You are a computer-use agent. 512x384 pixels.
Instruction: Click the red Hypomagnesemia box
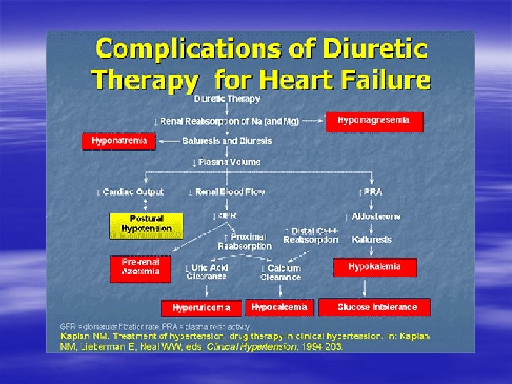(x=374, y=121)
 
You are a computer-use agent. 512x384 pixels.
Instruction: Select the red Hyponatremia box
(x=119, y=141)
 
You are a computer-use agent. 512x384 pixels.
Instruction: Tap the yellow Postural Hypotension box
(x=146, y=225)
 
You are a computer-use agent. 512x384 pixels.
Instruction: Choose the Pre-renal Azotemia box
(x=141, y=268)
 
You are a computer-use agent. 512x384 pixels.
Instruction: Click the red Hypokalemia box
(x=374, y=267)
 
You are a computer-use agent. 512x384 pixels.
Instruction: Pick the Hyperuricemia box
(x=201, y=308)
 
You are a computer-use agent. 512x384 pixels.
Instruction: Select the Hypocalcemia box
(x=279, y=307)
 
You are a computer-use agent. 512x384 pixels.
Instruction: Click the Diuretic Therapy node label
(x=228, y=99)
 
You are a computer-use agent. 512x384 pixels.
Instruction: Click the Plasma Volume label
(x=227, y=162)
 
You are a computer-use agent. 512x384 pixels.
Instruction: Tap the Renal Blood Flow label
(x=226, y=192)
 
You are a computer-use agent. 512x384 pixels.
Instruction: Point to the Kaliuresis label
(x=372, y=240)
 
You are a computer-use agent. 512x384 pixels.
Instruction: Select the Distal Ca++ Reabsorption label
(x=311, y=235)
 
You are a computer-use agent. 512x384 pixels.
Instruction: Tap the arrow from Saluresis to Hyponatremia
(x=168, y=141)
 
